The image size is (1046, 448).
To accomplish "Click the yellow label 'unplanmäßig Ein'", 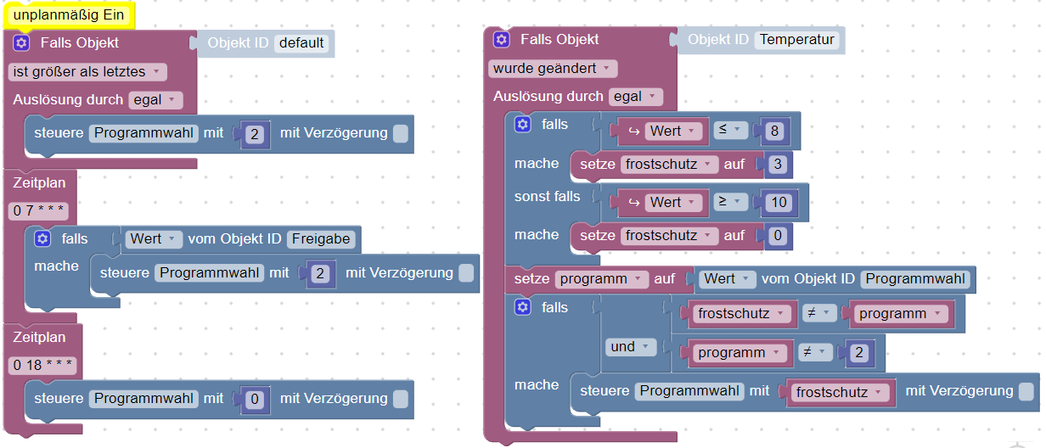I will tap(69, 14).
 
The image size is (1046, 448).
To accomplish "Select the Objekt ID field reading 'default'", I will tap(301, 42).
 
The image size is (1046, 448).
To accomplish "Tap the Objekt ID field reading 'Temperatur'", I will tap(796, 40).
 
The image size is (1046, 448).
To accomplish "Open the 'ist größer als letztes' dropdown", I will tap(87, 72).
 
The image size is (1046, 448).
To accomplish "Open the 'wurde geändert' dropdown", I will tap(553, 68).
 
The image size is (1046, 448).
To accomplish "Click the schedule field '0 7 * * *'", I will tap(40, 210).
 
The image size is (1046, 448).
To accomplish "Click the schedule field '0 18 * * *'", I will tap(43, 366).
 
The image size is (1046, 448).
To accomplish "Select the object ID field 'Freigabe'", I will tap(321, 239).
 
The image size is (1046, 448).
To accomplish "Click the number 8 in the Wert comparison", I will tap(773, 131).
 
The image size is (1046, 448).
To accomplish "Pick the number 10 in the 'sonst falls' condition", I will tap(777, 202).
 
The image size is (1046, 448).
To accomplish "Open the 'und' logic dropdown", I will tap(630, 346).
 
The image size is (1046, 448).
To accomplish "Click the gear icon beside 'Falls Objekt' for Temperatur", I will tap(502, 40).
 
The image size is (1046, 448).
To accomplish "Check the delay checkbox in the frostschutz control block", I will tap(1026, 391).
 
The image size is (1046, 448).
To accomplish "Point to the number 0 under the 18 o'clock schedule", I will tap(253, 399).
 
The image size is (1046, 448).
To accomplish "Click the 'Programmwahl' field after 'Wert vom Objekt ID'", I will tap(916, 278).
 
